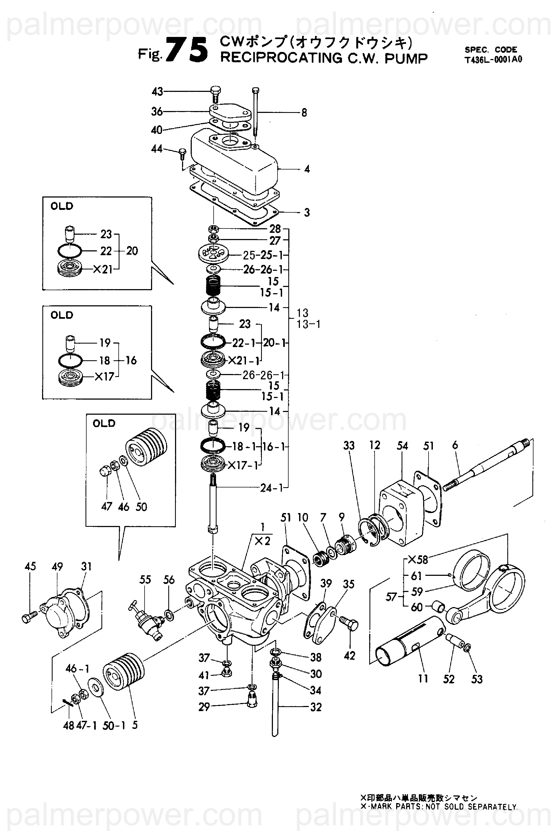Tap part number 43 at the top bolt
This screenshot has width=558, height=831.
click(x=157, y=92)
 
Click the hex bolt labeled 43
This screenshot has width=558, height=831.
click(x=215, y=94)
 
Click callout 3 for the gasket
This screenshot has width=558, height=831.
click(x=307, y=213)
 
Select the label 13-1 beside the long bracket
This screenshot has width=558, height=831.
click(x=309, y=324)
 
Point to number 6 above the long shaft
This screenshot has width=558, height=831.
click(x=455, y=445)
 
